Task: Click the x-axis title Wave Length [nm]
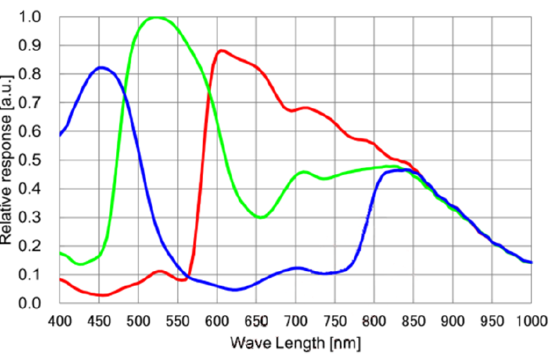point(295,342)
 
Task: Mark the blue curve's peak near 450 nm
point(102,67)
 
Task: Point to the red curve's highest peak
point(221,50)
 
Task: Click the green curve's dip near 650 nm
point(261,217)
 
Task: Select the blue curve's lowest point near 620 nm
point(235,290)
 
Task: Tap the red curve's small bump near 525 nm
point(160,272)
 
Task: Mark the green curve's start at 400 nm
point(60,253)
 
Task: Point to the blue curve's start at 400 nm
point(60,135)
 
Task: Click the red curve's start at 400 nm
point(60,278)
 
